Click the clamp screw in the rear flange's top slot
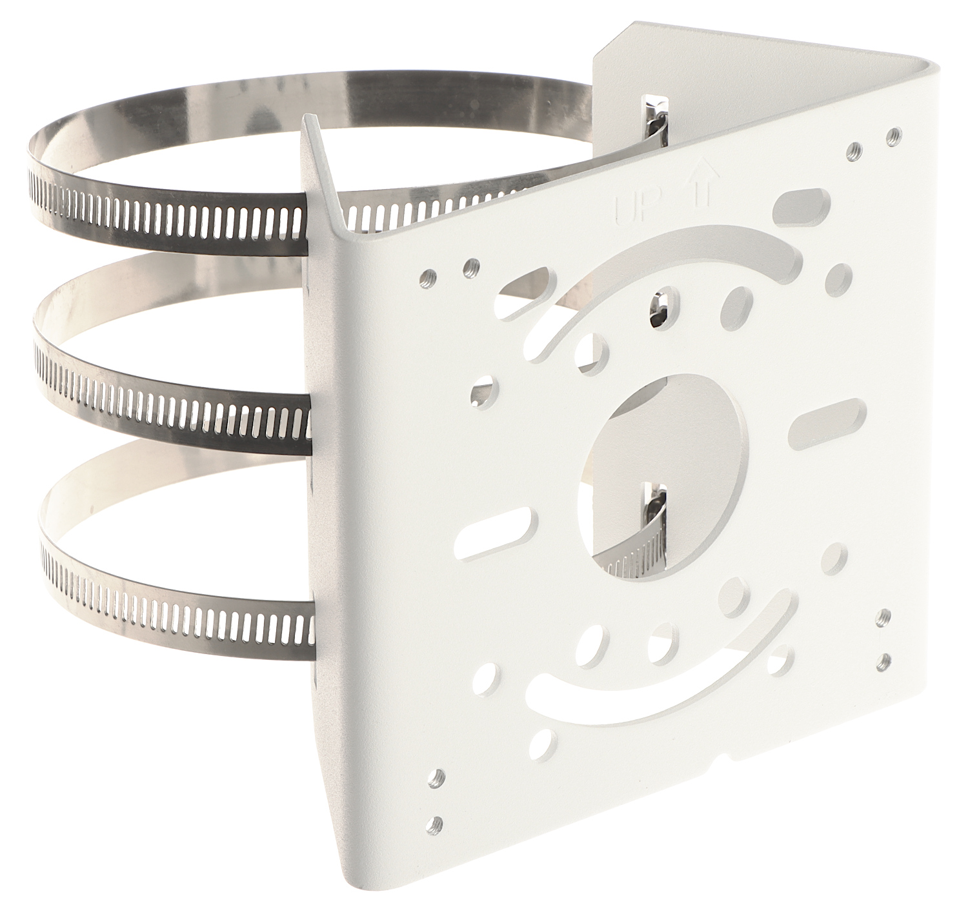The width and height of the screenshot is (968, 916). point(655,118)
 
